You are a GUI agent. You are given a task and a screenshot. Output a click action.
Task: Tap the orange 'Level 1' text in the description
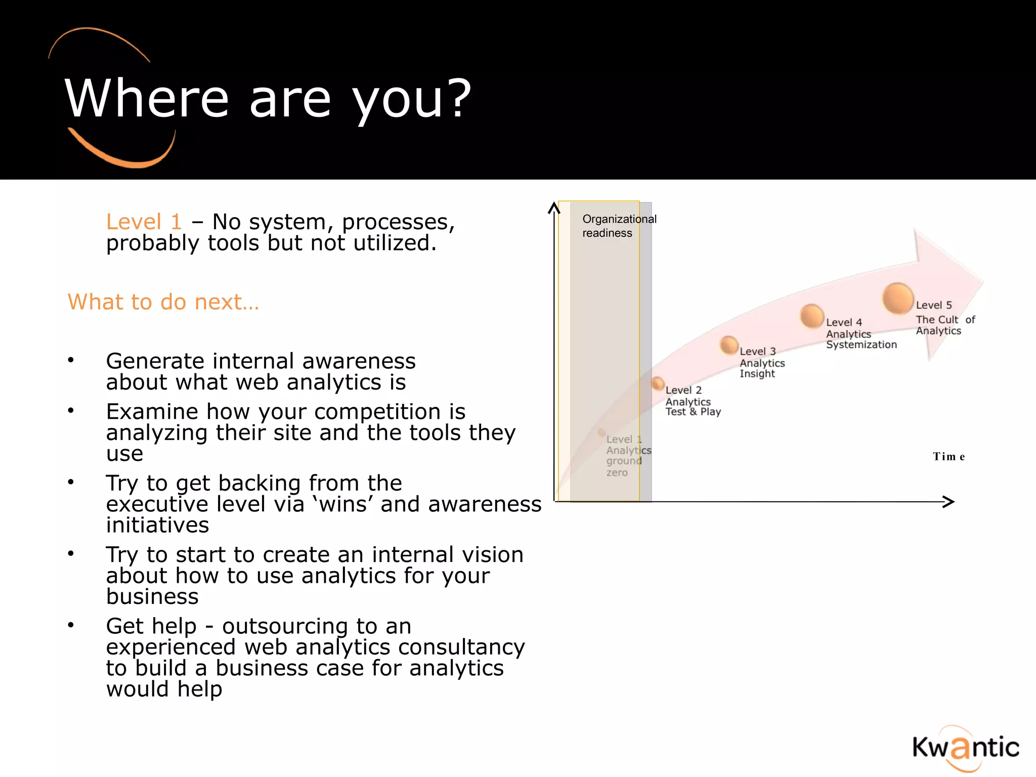click(144, 222)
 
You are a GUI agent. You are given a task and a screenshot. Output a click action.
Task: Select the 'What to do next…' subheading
click(163, 302)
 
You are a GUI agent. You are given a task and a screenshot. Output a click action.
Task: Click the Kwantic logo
click(965, 748)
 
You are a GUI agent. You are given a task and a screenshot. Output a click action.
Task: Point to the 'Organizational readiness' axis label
click(619, 226)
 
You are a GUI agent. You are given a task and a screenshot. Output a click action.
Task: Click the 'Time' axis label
click(948, 457)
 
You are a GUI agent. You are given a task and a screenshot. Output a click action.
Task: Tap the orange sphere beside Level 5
click(898, 298)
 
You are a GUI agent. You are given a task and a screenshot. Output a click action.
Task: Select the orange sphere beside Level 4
click(812, 316)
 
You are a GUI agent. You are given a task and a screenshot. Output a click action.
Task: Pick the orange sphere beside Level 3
click(729, 345)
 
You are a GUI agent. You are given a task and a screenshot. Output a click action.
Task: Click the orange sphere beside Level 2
click(658, 383)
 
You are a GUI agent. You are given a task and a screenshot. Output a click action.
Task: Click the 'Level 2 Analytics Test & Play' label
click(692, 401)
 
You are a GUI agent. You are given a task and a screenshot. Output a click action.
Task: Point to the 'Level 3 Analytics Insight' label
click(761, 363)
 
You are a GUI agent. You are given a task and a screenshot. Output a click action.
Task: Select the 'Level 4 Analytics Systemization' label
click(860, 334)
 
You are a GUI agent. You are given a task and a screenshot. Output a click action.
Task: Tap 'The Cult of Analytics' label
click(944, 325)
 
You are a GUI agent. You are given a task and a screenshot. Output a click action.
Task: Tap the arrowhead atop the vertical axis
click(554, 207)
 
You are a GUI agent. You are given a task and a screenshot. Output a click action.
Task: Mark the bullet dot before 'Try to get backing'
click(71, 482)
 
